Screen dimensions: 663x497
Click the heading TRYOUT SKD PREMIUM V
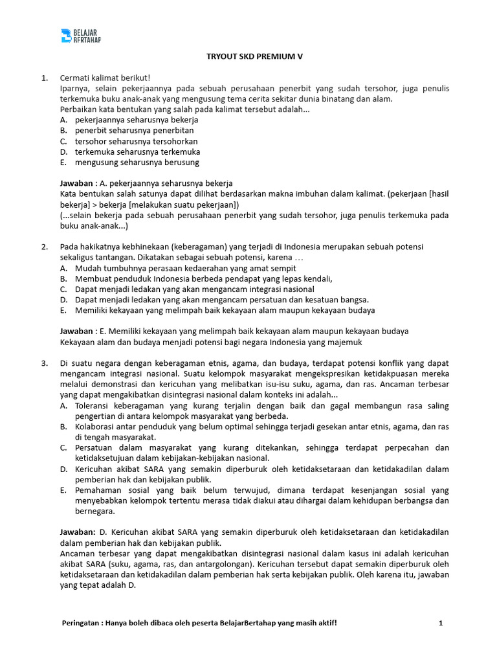click(249, 56)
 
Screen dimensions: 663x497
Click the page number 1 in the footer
click(441, 623)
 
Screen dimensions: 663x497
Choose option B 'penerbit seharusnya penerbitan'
click(134, 130)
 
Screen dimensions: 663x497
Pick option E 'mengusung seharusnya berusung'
click(137, 162)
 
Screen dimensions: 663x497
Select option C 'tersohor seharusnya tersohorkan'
click(136, 141)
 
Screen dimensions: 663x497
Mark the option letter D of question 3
click(63, 468)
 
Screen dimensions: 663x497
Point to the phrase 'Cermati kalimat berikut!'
click(105, 78)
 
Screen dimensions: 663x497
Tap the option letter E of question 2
click(63, 310)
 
